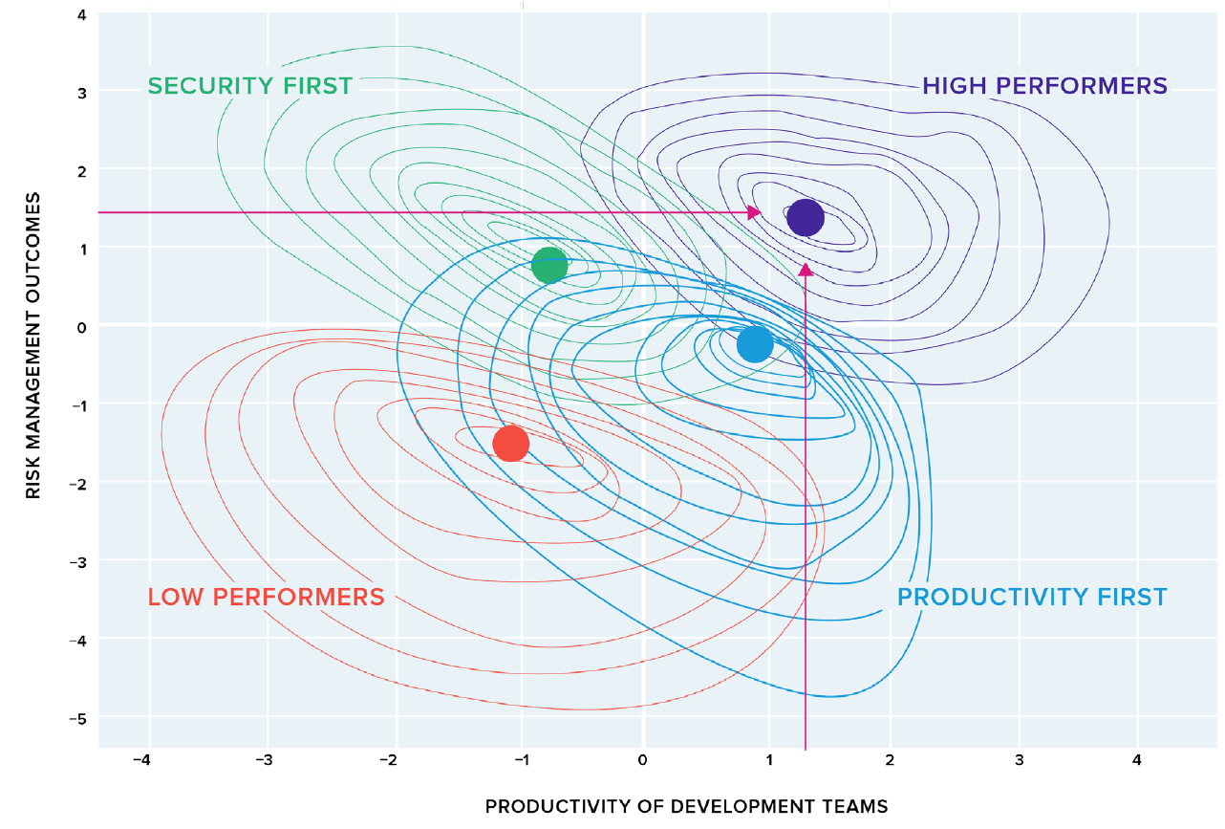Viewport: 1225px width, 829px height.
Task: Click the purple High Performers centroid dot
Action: [x=806, y=217]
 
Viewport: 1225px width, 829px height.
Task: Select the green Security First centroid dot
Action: [x=549, y=265]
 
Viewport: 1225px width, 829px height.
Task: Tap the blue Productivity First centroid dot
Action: [x=755, y=344]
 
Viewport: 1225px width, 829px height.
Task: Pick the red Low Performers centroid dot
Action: [x=511, y=443]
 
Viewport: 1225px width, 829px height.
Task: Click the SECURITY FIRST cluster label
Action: [x=250, y=86]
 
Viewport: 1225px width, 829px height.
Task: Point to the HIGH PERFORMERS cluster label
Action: [x=1044, y=86]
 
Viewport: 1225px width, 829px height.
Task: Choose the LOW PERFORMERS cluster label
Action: [x=266, y=598]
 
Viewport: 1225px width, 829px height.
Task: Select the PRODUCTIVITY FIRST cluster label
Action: [x=1032, y=598]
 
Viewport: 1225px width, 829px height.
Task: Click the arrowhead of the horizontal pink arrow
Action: [x=755, y=212]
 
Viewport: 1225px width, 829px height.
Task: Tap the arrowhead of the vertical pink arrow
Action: [x=806, y=271]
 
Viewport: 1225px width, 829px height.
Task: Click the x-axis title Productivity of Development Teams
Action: [x=686, y=806]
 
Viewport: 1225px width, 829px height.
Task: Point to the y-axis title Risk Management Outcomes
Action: [x=33, y=345]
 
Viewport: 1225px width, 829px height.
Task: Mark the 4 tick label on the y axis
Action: [x=81, y=14]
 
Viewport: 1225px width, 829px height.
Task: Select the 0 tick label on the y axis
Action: [x=81, y=327]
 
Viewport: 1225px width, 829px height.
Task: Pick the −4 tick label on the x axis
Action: [x=141, y=761]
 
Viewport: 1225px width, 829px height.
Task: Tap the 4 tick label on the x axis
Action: [x=1137, y=761]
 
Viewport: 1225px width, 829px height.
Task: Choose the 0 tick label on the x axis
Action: [x=643, y=761]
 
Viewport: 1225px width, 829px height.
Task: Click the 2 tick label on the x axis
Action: [x=891, y=761]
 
